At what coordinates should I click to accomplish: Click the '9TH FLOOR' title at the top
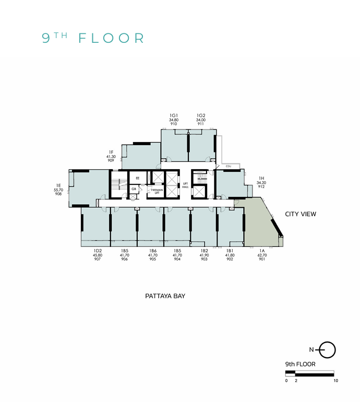pyautogui.click(x=93, y=38)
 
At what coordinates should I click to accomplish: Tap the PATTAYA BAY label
pyautogui.click(x=165, y=296)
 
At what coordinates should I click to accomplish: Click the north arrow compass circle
pyautogui.click(x=328, y=350)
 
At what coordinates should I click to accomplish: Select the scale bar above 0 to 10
pyautogui.click(x=309, y=373)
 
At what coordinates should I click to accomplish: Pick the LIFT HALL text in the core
pyautogui.click(x=185, y=185)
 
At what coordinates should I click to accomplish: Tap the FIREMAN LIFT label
pyautogui.click(x=157, y=191)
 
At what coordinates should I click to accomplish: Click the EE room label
pyautogui.click(x=137, y=179)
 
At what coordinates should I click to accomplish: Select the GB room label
pyautogui.click(x=134, y=188)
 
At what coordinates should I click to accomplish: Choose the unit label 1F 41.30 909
pyautogui.click(x=111, y=157)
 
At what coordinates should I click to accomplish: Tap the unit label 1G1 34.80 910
pyautogui.click(x=174, y=120)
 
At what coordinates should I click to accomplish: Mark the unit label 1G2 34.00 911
pyautogui.click(x=201, y=120)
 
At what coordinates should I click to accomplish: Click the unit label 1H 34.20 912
pyautogui.click(x=261, y=183)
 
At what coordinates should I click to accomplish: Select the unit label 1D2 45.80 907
pyautogui.click(x=98, y=255)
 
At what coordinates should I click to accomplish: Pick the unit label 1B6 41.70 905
pyautogui.click(x=152, y=255)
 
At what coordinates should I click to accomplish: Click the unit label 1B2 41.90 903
pyautogui.click(x=205, y=255)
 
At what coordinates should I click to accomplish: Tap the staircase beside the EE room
pyautogui.click(x=119, y=183)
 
